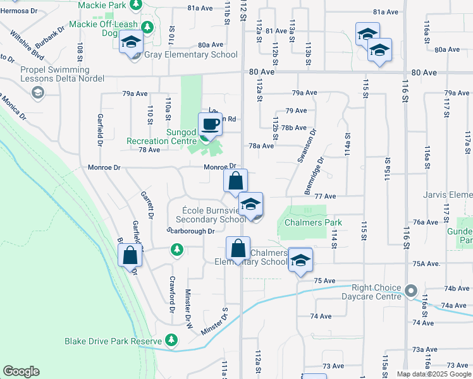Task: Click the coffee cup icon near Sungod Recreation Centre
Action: [x=210, y=123]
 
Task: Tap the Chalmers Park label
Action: [x=313, y=222]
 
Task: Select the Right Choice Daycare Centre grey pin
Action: [x=411, y=292]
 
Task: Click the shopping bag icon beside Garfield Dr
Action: [x=130, y=255]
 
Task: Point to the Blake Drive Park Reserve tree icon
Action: [x=171, y=340]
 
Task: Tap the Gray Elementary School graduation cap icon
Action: [x=131, y=43]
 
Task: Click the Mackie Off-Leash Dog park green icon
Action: [x=147, y=28]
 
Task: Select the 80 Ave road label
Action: [x=261, y=72]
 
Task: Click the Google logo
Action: [x=21, y=371]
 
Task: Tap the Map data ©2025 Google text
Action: [x=433, y=374]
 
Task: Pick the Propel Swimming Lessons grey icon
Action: [x=37, y=93]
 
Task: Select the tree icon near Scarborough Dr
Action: [x=178, y=251]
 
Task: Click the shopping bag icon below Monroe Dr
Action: [x=235, y=181]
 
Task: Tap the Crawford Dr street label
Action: [x=171, y=295]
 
